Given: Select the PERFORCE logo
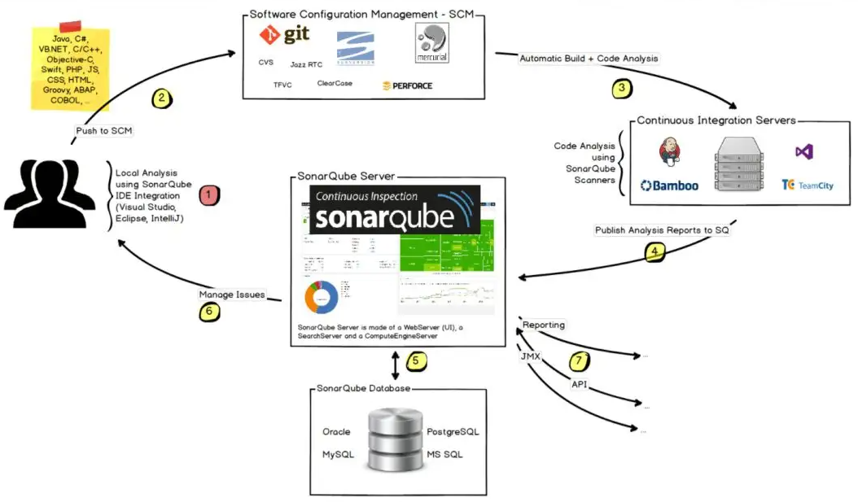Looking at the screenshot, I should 407,85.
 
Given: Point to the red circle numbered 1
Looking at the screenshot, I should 208,194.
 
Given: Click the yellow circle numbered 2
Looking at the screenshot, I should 161,98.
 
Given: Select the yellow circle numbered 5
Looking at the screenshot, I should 414,359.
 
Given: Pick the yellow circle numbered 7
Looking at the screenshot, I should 580,359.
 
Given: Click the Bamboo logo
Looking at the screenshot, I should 669,186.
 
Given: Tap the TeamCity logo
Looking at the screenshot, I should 807,186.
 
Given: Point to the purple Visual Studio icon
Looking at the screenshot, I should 804,151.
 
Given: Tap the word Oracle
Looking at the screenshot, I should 336,431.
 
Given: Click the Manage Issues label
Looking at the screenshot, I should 232,295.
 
